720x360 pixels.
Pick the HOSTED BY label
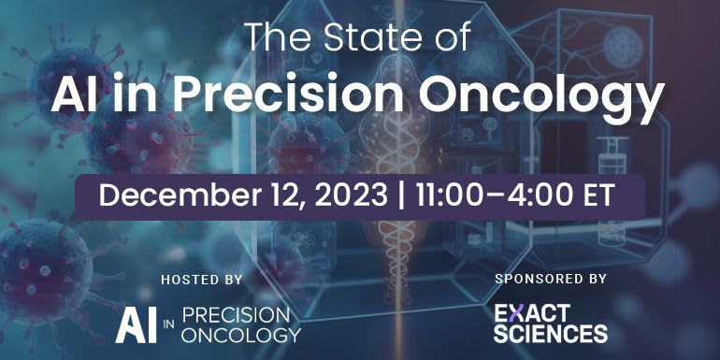[201, 279]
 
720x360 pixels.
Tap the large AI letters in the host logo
[137, 323]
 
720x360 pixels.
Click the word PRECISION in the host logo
[238, 313]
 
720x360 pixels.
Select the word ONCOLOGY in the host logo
[239, 333]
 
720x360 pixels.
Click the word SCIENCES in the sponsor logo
[549, 332]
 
